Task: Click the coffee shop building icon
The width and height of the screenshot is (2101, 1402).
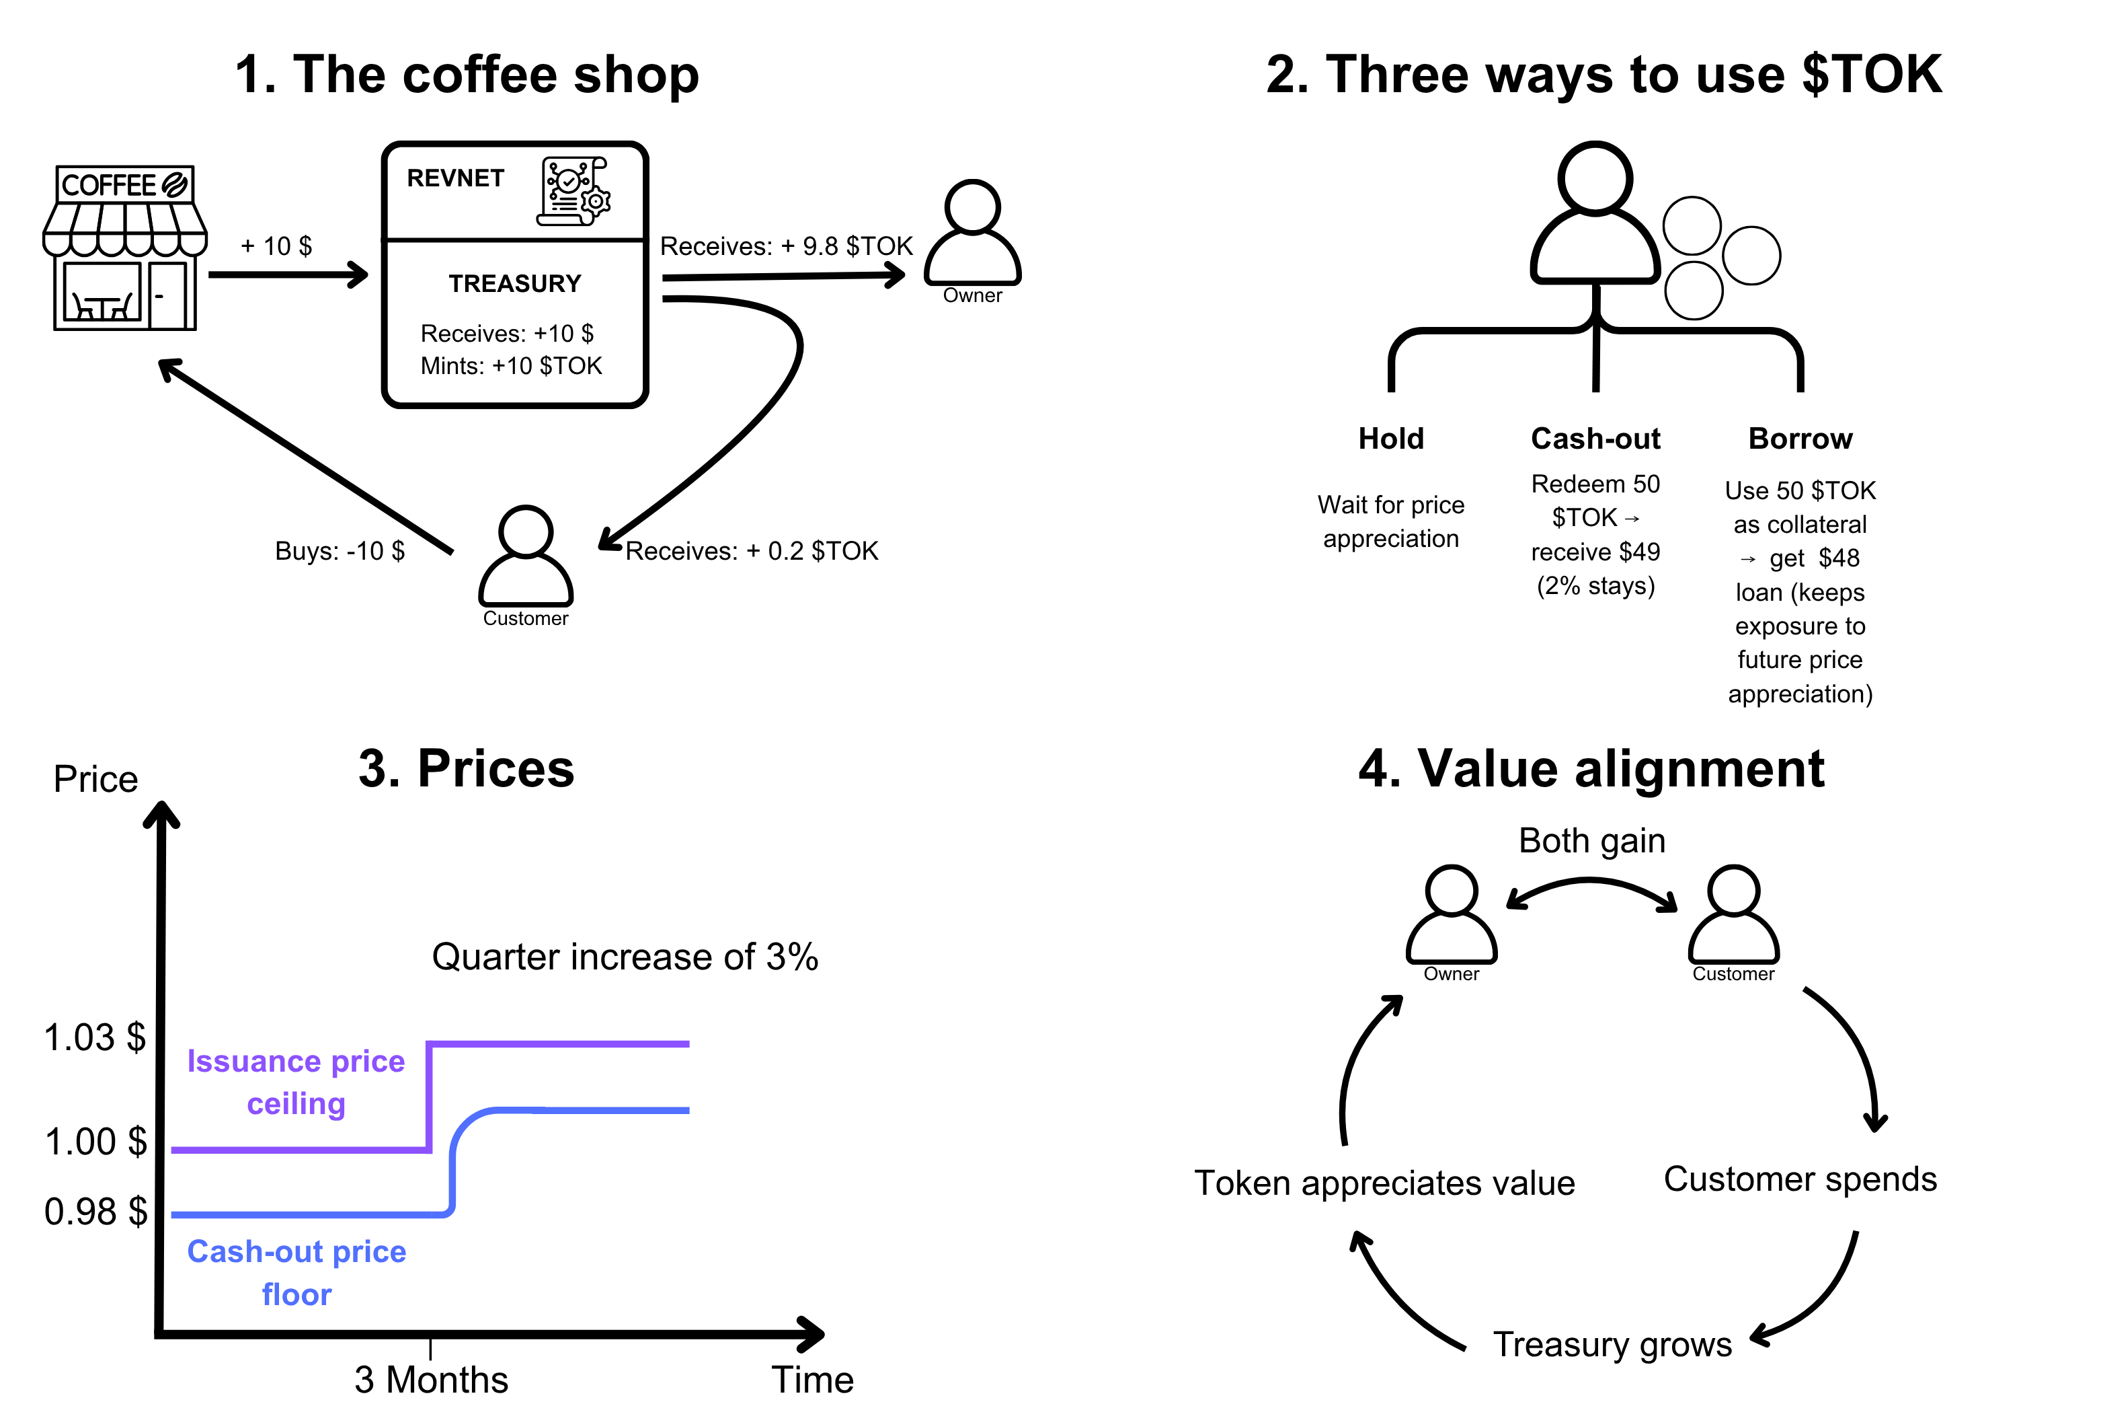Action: point(125,248)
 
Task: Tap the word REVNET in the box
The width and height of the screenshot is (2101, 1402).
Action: point(455,179)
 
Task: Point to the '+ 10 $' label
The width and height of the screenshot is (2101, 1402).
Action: point(276,246)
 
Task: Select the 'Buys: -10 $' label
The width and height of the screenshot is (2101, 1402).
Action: point(340,551)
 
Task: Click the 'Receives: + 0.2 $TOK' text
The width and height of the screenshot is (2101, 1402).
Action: point(752,551)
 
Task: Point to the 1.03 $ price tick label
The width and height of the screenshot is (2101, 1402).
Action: point(95,1037)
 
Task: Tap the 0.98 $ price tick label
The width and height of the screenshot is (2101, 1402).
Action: point(95,1212)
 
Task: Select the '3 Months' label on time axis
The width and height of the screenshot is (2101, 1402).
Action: point(431,1378)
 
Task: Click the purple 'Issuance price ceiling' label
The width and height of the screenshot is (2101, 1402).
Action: point(296,1082)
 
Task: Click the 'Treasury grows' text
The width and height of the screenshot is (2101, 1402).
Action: point(1612,1344)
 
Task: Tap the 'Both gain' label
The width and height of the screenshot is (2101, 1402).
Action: point(1591,840)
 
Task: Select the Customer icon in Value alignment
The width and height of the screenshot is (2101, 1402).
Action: point(1733,916)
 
